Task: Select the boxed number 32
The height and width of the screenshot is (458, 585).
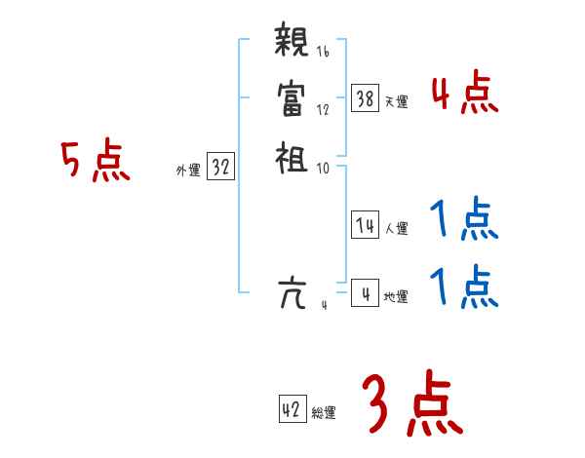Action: click(220, 168)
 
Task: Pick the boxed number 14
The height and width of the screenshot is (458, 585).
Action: click(366, 226)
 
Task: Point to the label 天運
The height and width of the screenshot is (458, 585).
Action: click(397, 101)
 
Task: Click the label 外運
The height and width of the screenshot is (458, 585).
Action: click(188, 171)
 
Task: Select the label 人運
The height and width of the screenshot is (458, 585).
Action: click(397, 229)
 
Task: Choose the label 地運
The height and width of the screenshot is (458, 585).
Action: click(397, 297)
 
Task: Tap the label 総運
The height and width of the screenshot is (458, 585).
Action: click(324, 413)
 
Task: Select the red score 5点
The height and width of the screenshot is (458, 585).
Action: click(95, 161)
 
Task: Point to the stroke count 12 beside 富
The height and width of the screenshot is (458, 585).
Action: click(323, 109)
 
